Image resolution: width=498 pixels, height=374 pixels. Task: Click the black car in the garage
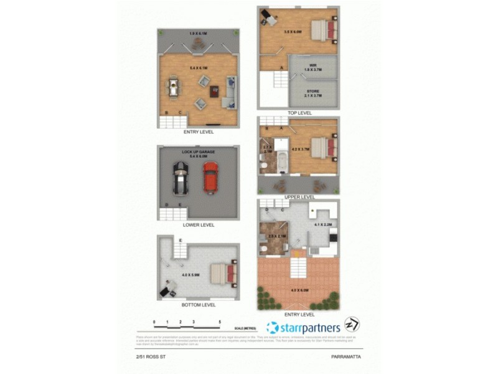click(x=180, y=178)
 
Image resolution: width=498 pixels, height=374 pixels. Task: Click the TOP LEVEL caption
click(x=299, y=113)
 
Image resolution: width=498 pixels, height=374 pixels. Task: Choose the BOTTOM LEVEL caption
click(x=199, y=305)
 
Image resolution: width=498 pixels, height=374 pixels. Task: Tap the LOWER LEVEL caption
click(x=199, y=224)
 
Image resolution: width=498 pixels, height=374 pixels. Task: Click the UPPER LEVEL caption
click(x=299, y=196)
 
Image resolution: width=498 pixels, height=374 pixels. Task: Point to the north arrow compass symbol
click(x=352, y=325)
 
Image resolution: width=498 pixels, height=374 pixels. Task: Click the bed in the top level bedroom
click(x=324, y=30)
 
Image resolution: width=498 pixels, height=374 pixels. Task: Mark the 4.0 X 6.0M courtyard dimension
click(x=298, y=289)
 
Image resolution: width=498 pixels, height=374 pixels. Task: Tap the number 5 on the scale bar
click(x=220, y=322)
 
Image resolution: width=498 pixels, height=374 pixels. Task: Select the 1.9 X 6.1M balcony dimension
click(x=199, y=33)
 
